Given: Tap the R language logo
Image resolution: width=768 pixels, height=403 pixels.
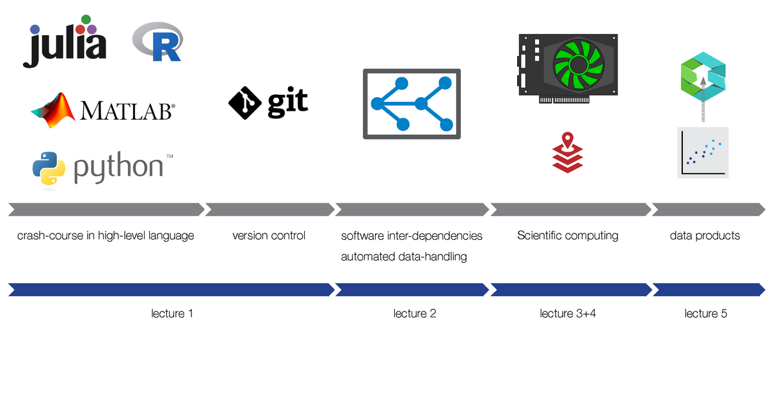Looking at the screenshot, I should (x=156, y=42).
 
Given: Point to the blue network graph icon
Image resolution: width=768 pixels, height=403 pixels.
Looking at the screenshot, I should (x=412, y=104).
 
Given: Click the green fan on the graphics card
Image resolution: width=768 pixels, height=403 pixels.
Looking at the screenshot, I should (x=579, y=64).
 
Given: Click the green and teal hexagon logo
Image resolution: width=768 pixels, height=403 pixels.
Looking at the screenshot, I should (x=702, y=76).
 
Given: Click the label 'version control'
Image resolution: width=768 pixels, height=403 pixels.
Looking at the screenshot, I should (x=269, y=235).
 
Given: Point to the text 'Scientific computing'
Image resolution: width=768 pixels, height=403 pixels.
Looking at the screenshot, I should (x=568, y=235).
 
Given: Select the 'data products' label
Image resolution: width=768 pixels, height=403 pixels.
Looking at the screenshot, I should (x=705, y=235).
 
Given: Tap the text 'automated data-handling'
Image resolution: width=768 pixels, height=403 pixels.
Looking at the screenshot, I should (x=403, y=257).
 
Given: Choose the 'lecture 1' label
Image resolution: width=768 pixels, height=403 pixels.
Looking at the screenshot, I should (x=172, y=313).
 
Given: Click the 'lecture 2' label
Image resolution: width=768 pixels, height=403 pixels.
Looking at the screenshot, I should (x=415, y=313).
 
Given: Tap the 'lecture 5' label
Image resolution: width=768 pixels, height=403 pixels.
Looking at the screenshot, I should (x=705, y=313).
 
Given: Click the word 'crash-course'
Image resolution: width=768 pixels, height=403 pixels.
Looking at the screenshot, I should (x=50, y=235).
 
